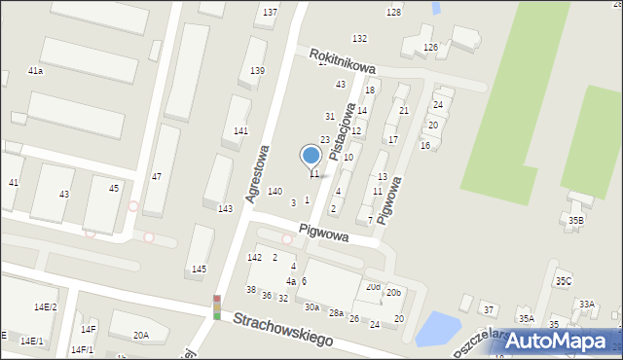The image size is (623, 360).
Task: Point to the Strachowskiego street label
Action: pyautogui.click(x=282, y=329)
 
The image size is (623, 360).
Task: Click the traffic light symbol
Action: pyautogui.click(x=216, y=307)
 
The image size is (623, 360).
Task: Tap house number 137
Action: pyautogui.click(x=270, y=13)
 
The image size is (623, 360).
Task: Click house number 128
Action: pyautogui.click(x=393, y=13)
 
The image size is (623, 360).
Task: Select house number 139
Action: pyautogui.click(x=257, y=71)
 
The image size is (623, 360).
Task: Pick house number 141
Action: pyautogui.click(x=240, y=131)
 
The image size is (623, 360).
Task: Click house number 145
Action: pyautogui.click(x=199, y=269)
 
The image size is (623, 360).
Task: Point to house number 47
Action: pyautogui.click(x=156, y=176)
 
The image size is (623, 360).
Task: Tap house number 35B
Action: pyautogui.click(x=576, y=221)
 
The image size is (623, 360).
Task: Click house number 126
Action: pyautogui.click(x=430, y=48)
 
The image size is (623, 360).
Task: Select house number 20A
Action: pyautogui.click(x=141, y=336)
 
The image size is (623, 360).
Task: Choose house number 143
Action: pyautogui.click(x=225, y=209)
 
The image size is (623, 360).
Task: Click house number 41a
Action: pyautogui.click(x=35, y=72)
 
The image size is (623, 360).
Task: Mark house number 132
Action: pyautogui.click(x=359, y=39)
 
